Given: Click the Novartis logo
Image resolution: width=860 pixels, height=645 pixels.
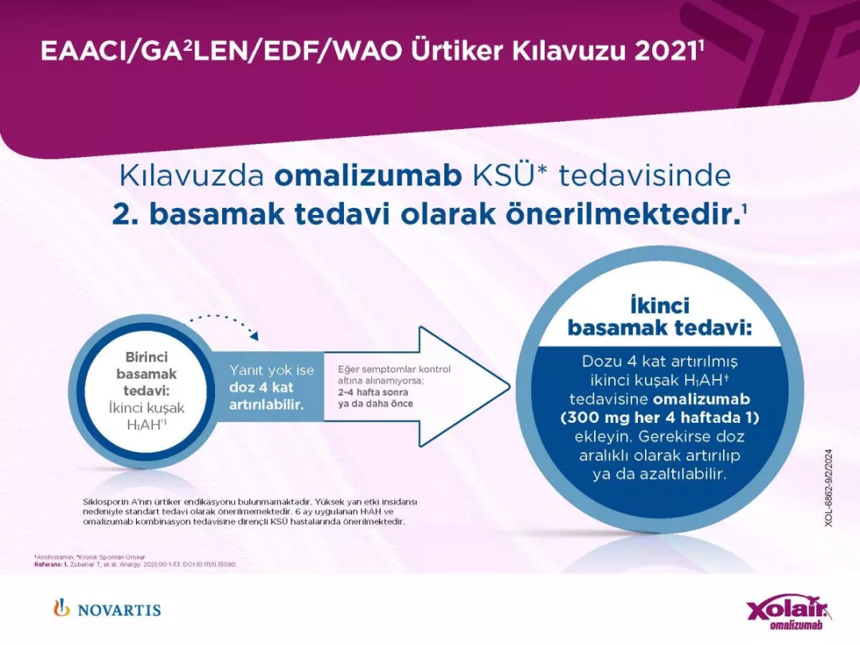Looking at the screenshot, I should click(107, 609).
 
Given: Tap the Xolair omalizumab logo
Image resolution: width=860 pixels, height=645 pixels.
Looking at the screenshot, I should click(788, 614).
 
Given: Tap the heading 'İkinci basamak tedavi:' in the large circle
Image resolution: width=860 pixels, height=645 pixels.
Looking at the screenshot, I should click(659, 317).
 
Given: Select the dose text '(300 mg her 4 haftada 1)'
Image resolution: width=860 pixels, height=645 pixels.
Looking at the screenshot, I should click(659, 416).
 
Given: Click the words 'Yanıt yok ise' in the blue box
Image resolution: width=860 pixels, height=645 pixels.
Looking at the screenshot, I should click(272, 370).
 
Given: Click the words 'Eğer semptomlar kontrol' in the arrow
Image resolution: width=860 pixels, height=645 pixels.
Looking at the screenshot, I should click(394, 369).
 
